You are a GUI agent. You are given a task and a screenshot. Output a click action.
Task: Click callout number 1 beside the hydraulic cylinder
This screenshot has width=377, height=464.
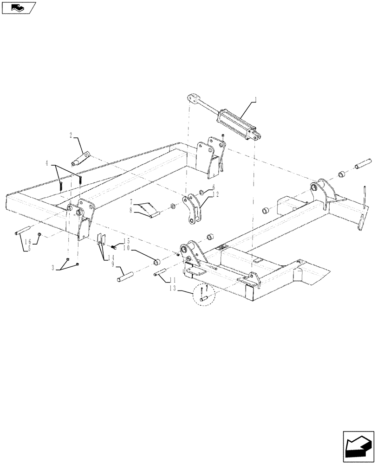pyautogui.click(x=255, y=99)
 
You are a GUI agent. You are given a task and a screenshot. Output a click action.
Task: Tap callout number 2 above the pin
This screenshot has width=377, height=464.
pyautogui.click(x=71, y=135)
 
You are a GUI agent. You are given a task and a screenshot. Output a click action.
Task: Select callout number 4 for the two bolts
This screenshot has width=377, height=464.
pyautogui.click(x=47, y=164)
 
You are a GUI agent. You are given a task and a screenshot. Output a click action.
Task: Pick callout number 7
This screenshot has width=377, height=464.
pyautogui.click(x=132, y=202)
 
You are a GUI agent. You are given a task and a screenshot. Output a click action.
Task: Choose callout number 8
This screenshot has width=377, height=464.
pyautogui.click(x=132, y=210)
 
